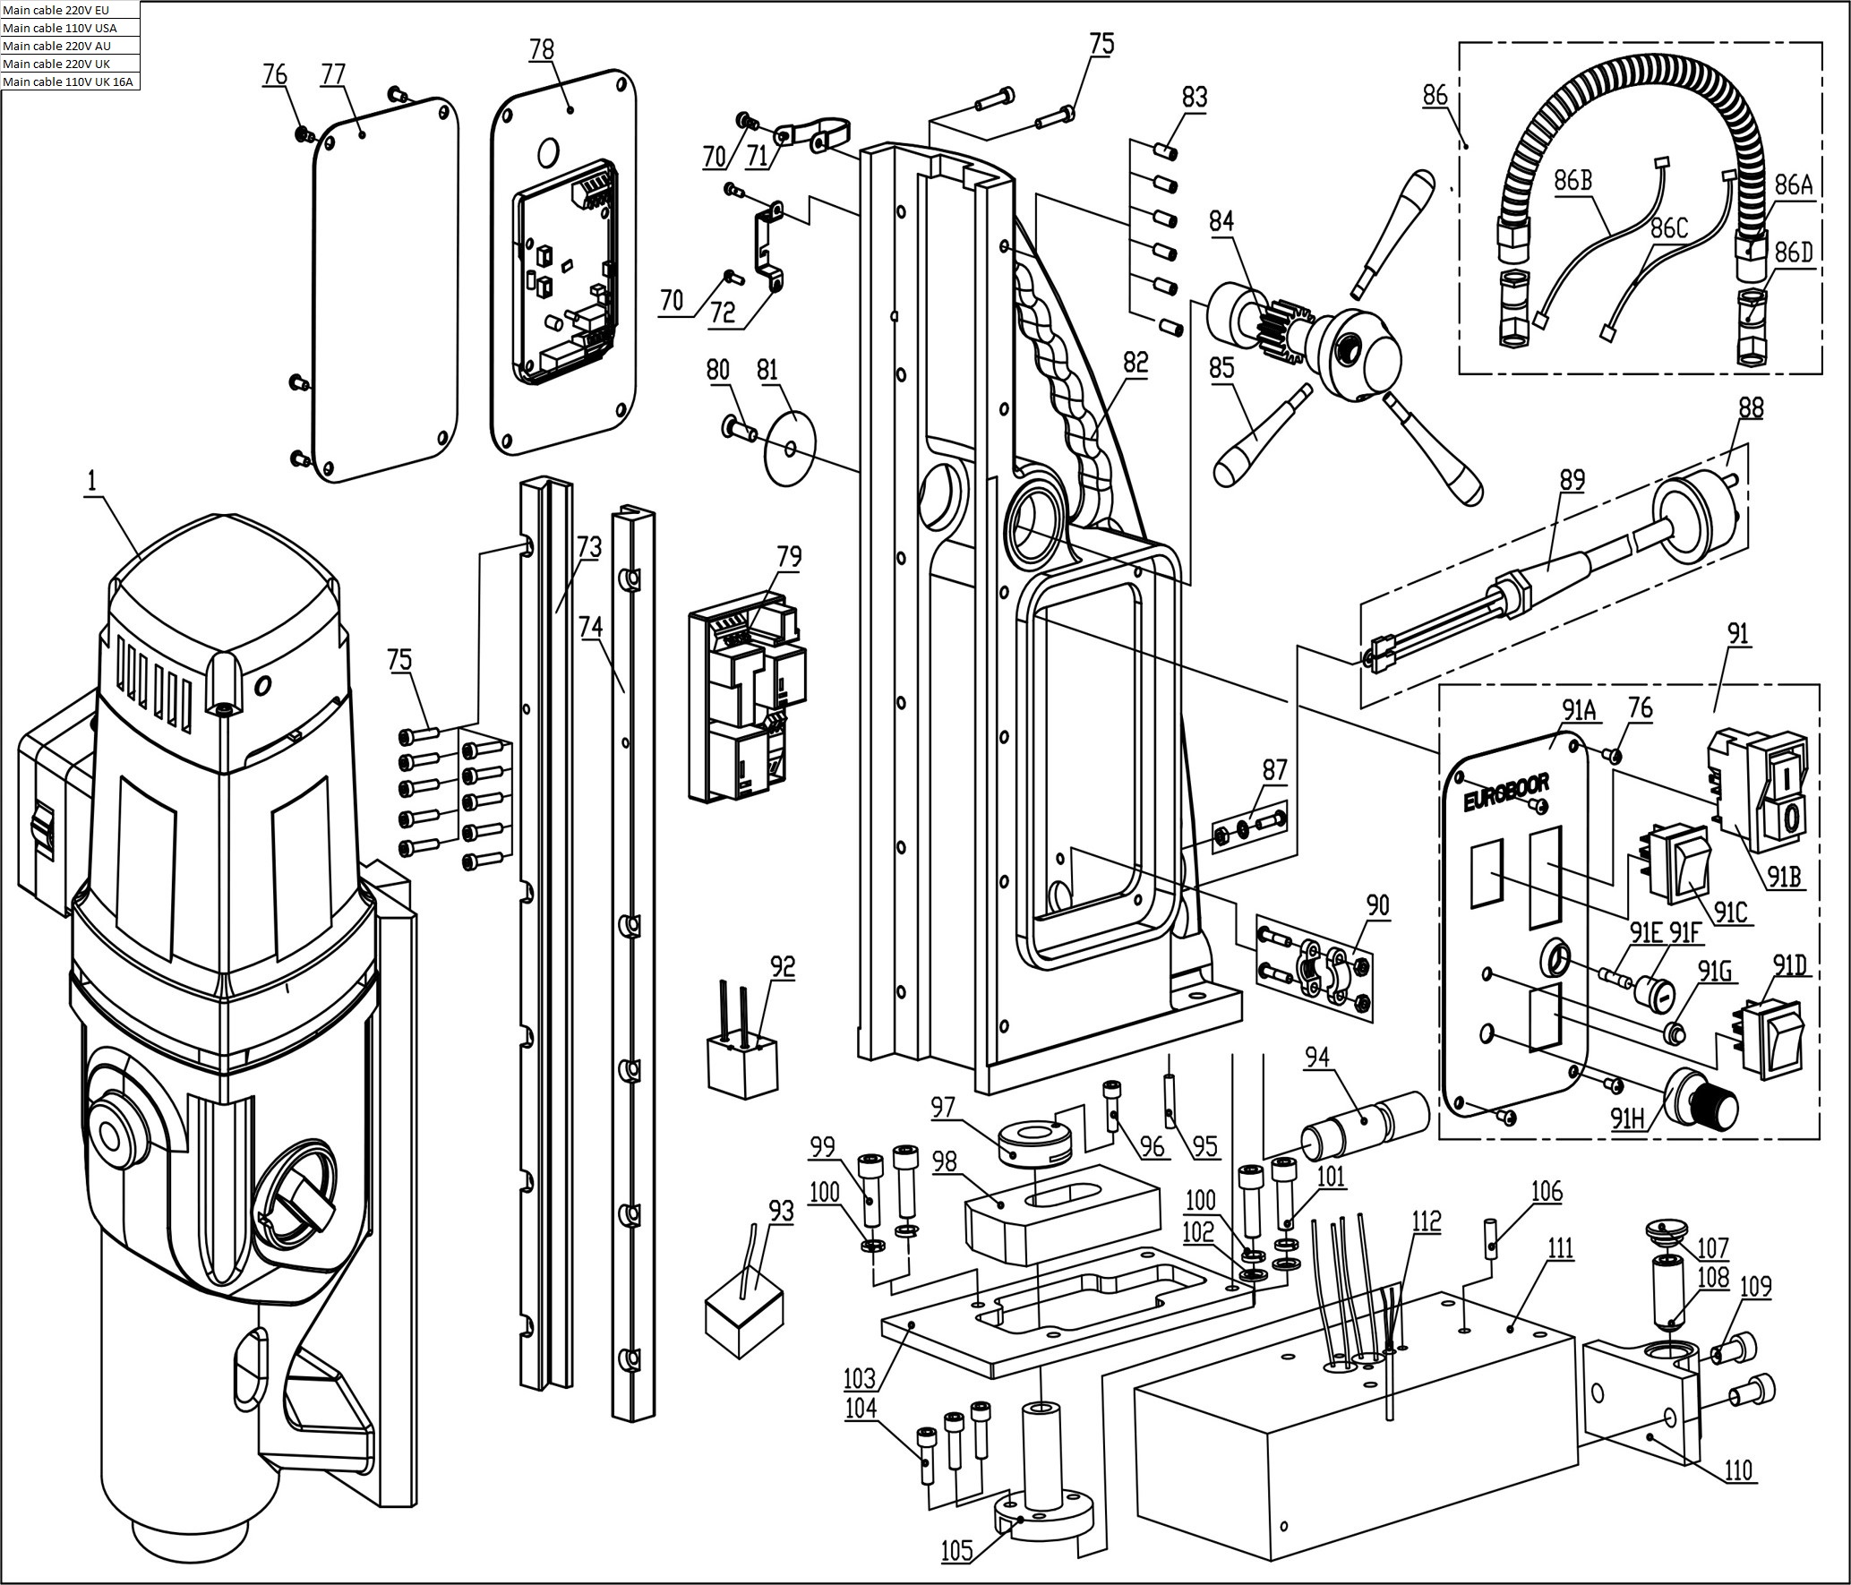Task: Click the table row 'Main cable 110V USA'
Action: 70,28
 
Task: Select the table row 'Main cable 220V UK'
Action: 70,64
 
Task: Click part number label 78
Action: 542,49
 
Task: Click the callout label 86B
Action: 1572,180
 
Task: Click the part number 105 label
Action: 955,1549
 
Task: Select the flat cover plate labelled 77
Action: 385,287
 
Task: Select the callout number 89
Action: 1572,480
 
